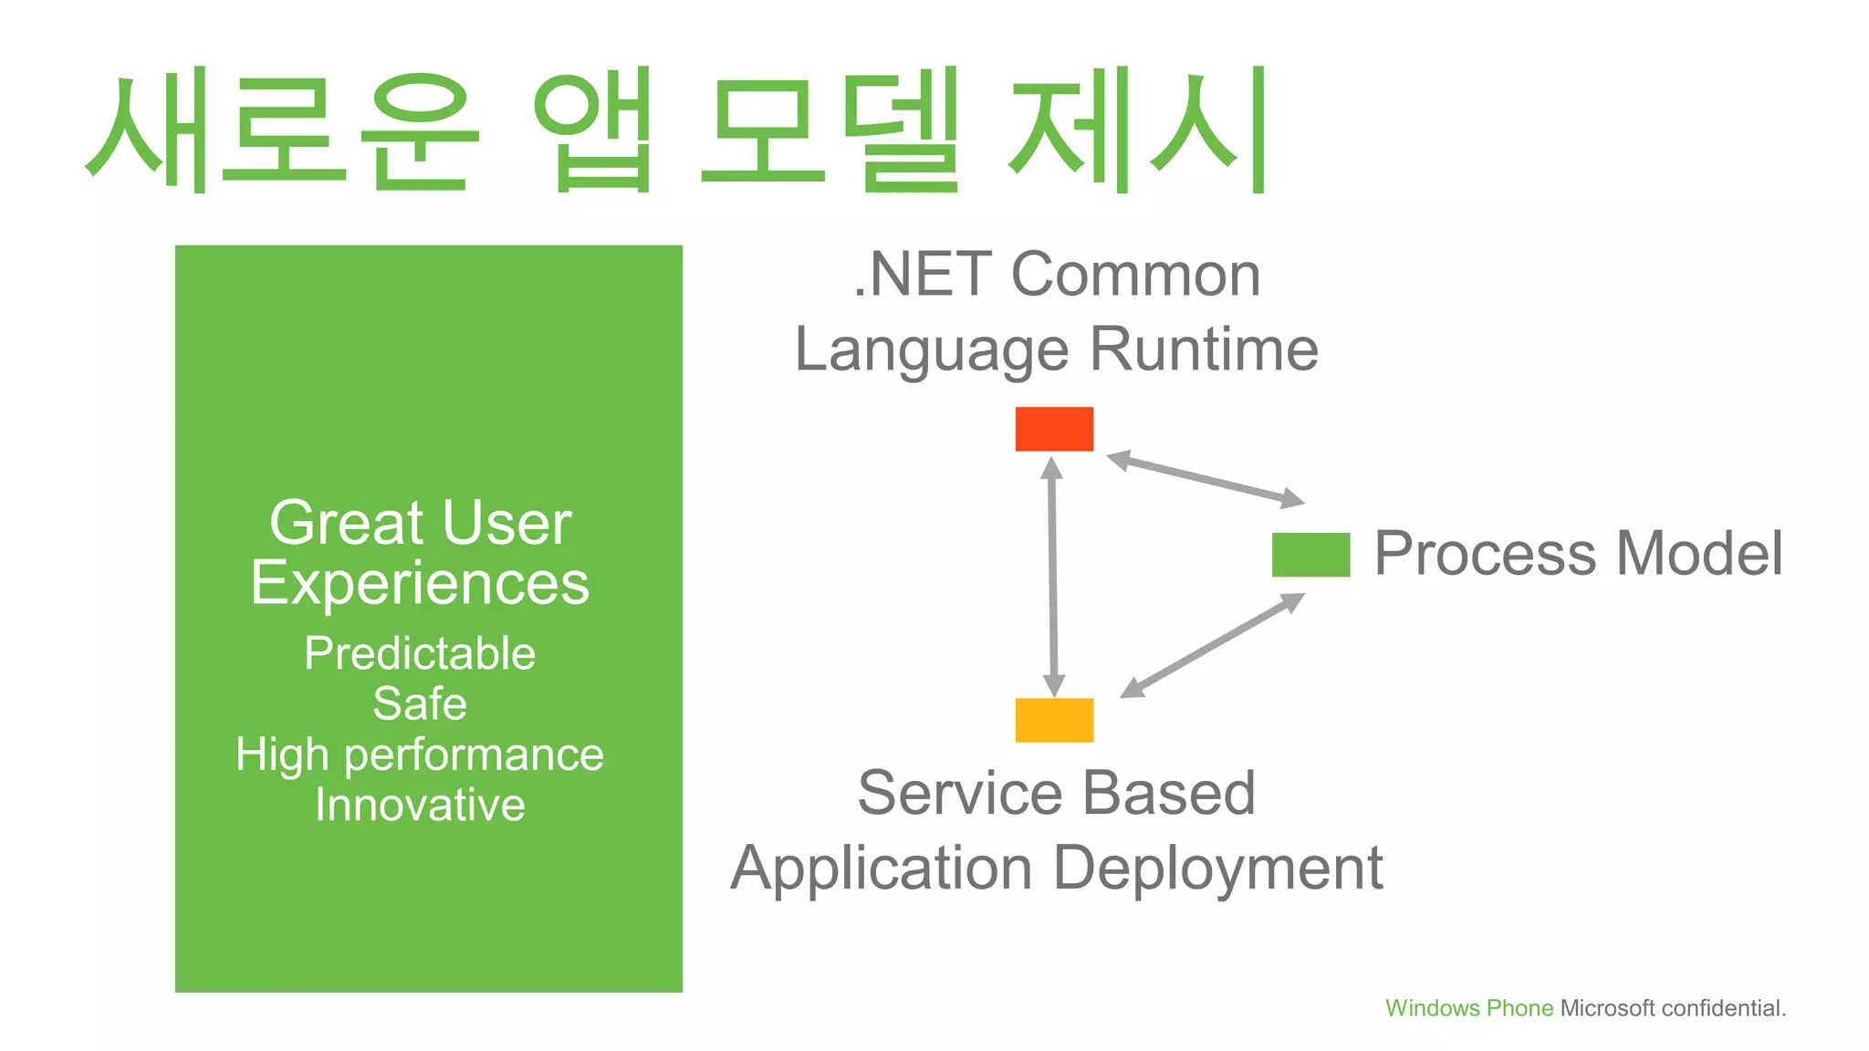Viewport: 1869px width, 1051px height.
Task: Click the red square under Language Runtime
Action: point(1054,429)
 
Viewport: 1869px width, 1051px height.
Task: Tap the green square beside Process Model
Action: point(1310,555)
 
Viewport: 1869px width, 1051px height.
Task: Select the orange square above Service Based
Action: point(1054,720)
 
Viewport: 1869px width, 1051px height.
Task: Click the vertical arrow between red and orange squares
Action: point(1053,577)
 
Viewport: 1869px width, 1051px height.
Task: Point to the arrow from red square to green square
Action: point(1206,479)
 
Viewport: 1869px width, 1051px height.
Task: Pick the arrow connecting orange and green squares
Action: point(1212,646)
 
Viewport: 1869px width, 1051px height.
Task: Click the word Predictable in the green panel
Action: point(420,654)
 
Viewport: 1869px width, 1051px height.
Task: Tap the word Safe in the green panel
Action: point(420,704)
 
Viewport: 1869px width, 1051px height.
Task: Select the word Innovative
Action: point(420,806)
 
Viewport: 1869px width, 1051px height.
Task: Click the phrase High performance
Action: point(420,755)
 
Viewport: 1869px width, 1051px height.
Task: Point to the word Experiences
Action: point(420,584)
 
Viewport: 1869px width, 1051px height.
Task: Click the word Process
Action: point(1484,554)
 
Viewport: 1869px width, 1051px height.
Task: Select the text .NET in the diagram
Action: point(922,275)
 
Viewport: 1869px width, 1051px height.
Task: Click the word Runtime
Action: point(1204,349)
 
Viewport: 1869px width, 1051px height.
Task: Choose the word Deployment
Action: point(1217,869)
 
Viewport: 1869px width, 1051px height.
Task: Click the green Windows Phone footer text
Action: point(1468,1008)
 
